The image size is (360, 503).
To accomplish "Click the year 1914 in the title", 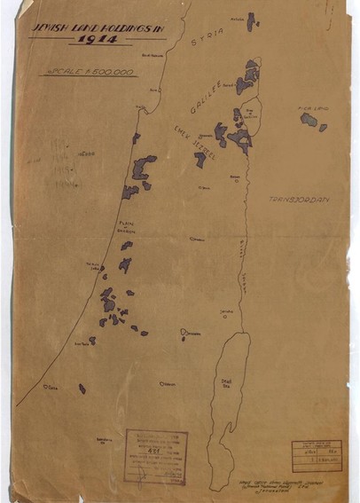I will (x=97, y=40).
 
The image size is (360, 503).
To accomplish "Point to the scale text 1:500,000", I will (x=89, y=70).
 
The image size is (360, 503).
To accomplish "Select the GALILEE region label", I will (x=202, y=105).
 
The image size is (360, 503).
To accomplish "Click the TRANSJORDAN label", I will (x=295, y=200).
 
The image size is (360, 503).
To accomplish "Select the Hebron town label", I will (x=167, y=384).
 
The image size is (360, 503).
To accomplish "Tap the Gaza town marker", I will (x=47, y=387).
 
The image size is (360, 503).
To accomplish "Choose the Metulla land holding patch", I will (x=251, y=22).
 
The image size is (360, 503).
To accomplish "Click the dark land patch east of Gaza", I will (x=82, y=388).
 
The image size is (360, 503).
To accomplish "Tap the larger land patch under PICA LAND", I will (x=309, y=119).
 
